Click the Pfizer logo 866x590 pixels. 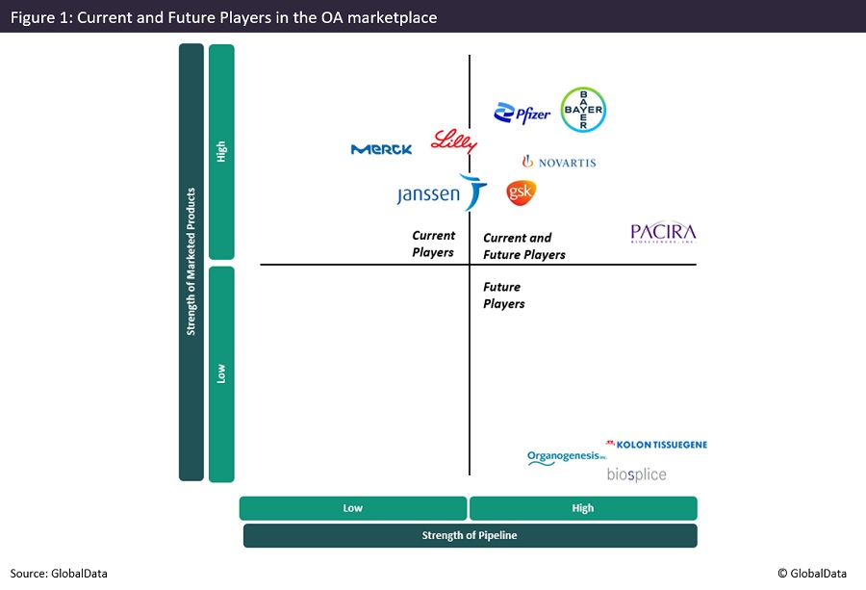pyautogui.click(x=522, y=115)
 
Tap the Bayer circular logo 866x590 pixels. pyautogui.click(x=583, y=110)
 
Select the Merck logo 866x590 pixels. pyautogui.click(x=382, y=149)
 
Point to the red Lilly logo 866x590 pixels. pyautogui.click(x=453, y=141)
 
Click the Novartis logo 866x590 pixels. pyautogui.click(x=559, y=163)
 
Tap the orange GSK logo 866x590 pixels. pyautogui.click(x=521, y=192)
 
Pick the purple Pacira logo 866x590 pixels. pyautogui.click(x=663, y=233)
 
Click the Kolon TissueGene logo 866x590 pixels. pyautogui.click(x=656, y=445)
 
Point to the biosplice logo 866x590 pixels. pyautogui.click(x=636, y=475)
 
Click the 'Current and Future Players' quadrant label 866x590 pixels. pyautogui.click(x=524, y=246)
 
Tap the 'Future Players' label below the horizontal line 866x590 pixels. pyautogui.click(x=504, y=295)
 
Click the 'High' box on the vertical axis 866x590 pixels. pyautogui.click(x=221, y=152)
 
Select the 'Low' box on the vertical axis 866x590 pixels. pyautogui.click(x=221, y=373)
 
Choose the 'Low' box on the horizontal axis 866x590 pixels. pyautogui.click(x=353, y=508)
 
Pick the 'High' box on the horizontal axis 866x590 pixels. pyautogui.click(x=583, y=508)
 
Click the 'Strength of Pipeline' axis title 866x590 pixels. pyautogui.click(x=470, y=535)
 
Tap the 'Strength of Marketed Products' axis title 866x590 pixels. pyautogui.click(x=191, y=262)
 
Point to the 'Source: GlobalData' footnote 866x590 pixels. pyautogui.click(x=60, y=574)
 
